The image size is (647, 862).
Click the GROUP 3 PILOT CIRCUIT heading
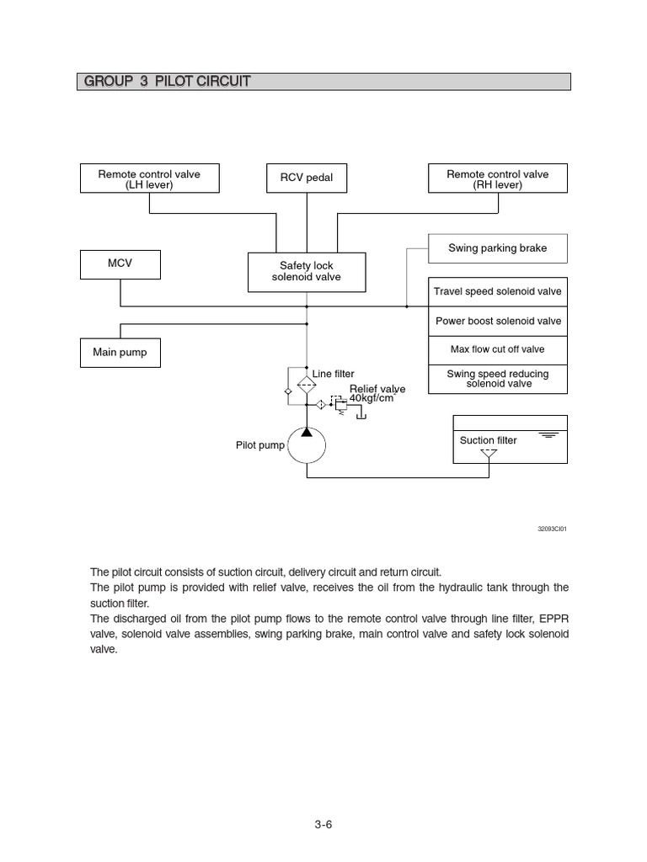167,82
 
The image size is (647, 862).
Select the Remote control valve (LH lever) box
149,179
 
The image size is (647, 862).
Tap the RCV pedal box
307,178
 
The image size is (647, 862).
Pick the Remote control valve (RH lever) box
497,179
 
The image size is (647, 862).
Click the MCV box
120,263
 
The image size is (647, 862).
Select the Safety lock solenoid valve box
307,272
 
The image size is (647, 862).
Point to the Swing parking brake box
497,248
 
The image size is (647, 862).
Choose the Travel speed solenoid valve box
497,292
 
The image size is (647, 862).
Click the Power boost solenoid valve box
497,321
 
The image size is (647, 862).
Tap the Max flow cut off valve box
497,349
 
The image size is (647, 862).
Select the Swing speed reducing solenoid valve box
497,379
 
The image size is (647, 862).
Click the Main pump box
120,353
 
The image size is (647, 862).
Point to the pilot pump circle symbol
307,444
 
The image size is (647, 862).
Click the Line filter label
334,374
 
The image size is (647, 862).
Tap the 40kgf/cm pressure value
372,398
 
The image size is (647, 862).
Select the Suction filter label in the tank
489,440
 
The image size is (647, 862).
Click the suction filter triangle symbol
489,454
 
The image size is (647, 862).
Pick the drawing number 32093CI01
552,529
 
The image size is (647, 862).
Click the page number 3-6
323,824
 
